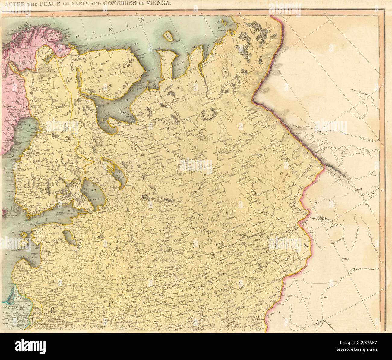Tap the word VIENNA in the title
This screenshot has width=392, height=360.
click(159, 4)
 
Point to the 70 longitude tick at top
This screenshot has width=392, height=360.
click(325, 13)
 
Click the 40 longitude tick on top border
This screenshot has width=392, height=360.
click(108, 13)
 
